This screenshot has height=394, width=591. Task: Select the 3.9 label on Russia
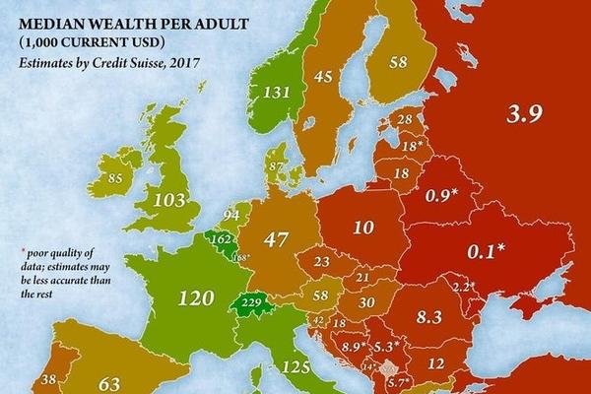pos(523,116)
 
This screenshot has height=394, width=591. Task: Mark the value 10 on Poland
pos(362,229)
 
